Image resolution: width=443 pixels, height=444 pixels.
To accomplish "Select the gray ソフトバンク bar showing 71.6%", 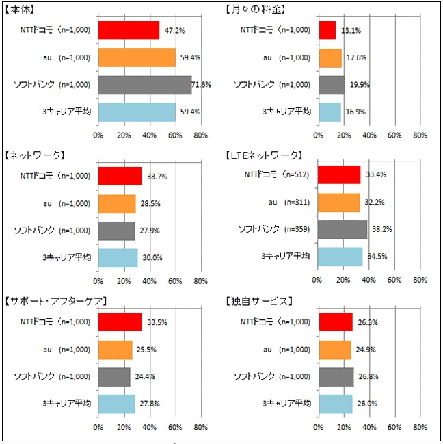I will pos(144,84).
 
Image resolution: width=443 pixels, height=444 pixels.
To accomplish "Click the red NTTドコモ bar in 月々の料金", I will pos(326,30).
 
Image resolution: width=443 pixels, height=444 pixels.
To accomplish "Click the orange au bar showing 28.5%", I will pos(117,204).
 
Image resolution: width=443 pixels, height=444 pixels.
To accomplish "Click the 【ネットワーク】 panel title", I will pos(34,155).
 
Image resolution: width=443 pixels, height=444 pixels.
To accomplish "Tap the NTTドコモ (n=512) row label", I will pos(277,174).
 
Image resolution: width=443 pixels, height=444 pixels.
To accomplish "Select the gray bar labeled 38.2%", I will pos(342,230).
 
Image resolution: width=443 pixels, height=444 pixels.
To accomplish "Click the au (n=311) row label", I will pos(289,202).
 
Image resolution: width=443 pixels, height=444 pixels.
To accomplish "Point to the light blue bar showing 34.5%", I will pos(340,257).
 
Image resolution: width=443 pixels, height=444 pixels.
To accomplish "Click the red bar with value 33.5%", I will pos(120,322).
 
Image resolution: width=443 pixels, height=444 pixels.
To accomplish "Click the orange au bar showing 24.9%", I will pos(334,350).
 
